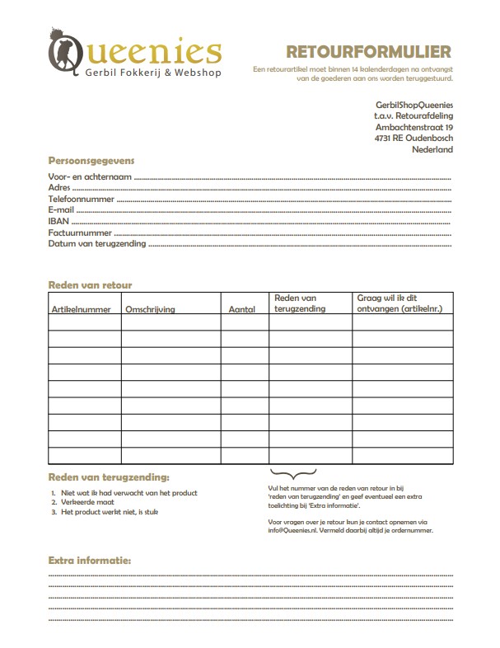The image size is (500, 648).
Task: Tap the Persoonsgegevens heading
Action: (x=91, y=160)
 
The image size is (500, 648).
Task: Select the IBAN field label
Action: (x=58, y=222)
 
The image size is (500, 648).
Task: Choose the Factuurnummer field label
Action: (x=79, y=233)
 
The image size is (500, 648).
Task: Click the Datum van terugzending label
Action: (x=96, y=245)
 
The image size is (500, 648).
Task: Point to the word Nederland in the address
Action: (x=432, y=150)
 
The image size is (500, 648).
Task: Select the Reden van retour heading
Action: (x=90, y=285)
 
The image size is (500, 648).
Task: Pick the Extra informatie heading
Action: (x=90, y=561)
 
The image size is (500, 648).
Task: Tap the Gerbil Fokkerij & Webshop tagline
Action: (x=153, y=73)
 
